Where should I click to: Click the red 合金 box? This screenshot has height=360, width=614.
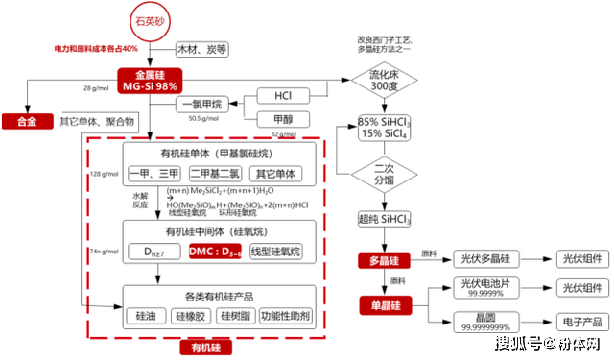[26, 121]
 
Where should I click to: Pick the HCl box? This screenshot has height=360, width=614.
[283, 97]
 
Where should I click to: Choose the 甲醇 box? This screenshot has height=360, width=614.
[283, 119]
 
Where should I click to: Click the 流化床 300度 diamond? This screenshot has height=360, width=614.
[383, 79]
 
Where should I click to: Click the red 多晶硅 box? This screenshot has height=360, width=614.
[383, 260]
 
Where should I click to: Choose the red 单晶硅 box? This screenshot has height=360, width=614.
[383, 304]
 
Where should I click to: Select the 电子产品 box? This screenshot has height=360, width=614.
[579, 322]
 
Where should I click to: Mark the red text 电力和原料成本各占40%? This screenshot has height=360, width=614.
[96, 48]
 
